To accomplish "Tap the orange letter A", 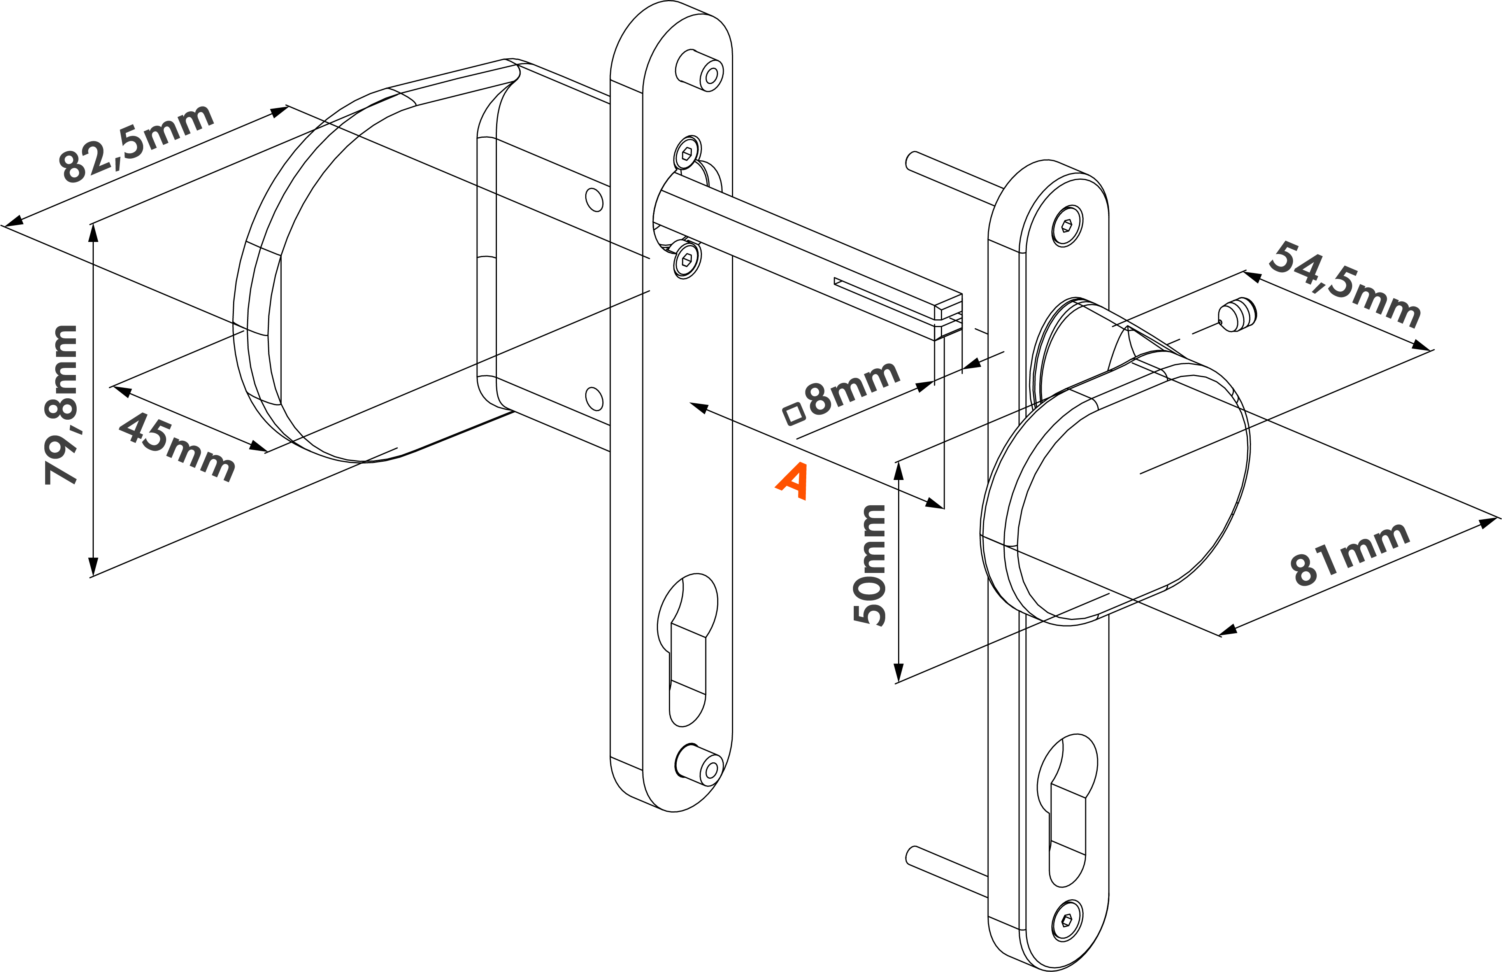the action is pyautogui.click(x=793, y=481).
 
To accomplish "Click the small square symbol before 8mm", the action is pyautogui.click(x=794, y=414).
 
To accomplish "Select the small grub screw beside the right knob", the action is pyautogui.click(x=1237, y=315).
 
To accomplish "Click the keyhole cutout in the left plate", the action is pyautogui.click(x=687, y=650).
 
